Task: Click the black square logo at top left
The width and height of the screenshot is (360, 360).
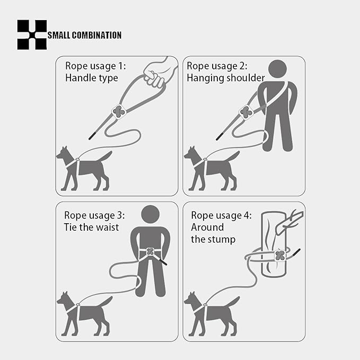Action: [x=32, y=34]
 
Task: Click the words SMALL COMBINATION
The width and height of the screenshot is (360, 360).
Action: [x=85, y=36]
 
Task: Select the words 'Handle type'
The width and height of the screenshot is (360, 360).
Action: [x=92, y=78]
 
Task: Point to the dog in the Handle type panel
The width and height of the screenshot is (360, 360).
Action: [x=85, y=167]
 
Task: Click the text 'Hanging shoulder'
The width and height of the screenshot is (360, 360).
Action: [x=226, y=78]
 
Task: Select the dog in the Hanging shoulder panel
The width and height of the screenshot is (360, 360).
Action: [x=212, y=167]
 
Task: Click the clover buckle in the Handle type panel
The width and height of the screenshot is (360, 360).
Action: [x=119, y=111]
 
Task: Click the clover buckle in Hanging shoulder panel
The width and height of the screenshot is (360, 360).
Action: [x=245, y=111]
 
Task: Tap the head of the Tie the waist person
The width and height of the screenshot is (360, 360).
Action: [x=151, y=214]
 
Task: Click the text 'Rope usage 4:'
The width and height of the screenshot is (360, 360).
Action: [x=222, y=215]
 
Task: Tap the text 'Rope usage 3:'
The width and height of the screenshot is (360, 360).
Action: [x=94, y=215]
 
